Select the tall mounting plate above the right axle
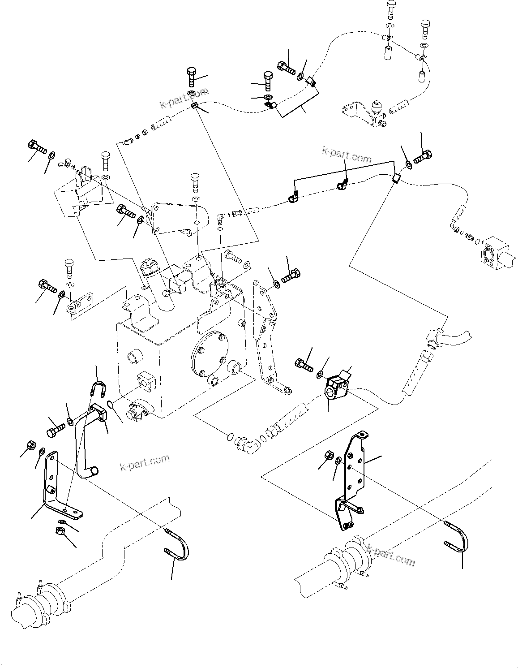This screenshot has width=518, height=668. pyautogui.click(x=354, y=475)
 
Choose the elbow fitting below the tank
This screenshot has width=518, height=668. pyautogui.click(x=244, y=444)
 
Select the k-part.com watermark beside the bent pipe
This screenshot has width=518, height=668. pyautogui.click(x=145, y=462)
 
